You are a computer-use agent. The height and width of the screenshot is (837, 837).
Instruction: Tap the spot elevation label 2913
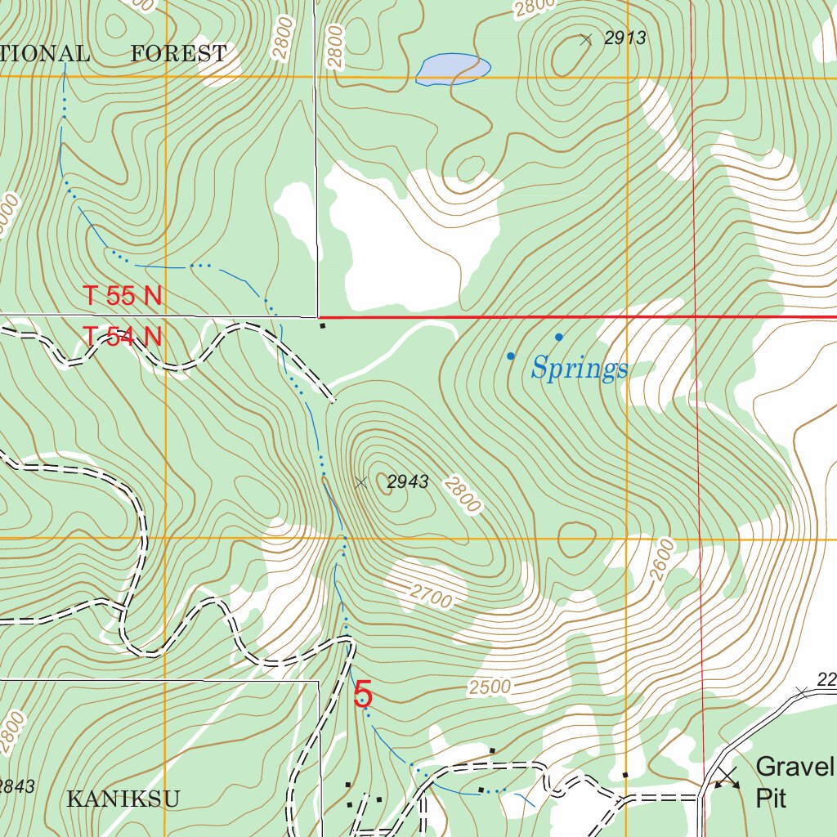pos(625,37)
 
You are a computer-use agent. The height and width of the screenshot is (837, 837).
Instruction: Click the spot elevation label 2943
pos(407,482)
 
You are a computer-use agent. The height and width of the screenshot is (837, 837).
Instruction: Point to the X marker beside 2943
pos(361,482)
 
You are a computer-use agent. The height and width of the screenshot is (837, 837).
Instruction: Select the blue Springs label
pos(579,369)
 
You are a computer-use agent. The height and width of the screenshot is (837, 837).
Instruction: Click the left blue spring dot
pos(511,356)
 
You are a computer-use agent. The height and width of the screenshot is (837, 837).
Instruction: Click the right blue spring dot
pos(559,337)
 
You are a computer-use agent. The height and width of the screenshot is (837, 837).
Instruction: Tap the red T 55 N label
pos(123,296)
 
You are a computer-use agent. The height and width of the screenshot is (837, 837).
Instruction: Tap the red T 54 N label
pos(123,336)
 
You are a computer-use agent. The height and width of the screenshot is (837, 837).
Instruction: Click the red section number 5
pos(363,695)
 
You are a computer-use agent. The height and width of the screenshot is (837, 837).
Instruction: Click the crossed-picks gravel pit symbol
pos(727,777)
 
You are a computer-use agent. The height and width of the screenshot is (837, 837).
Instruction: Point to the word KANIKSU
pos(123,799)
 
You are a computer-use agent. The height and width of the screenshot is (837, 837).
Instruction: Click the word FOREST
pos(179,54)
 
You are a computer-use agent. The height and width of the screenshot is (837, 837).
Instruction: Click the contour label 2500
pos(490,687)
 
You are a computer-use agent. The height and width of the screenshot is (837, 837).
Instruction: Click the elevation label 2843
pos(16,786)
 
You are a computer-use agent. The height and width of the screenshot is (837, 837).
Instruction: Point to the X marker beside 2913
pos(585,39)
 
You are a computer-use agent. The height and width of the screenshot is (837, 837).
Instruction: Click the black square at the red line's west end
pos(323,326)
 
